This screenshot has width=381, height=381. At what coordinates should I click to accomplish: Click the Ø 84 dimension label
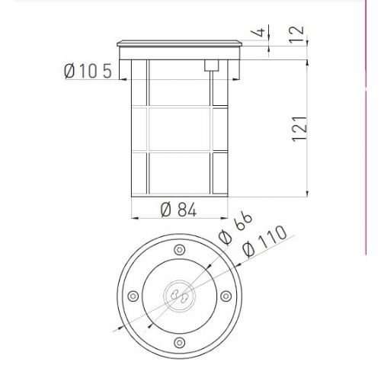tap(178, 210)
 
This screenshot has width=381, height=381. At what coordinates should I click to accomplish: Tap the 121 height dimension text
tap(299, 129)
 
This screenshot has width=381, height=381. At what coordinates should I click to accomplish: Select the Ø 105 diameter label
tap(88, 71)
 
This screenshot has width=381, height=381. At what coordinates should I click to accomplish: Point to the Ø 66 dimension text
tap(235, 228)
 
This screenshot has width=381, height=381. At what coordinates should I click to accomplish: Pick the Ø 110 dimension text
tap(264, 241)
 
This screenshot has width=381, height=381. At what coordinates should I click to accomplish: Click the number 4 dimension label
tap(258, 32)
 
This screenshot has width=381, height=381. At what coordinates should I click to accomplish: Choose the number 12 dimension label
tap(296, 34)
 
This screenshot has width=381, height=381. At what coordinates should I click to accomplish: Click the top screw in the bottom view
tap(180, 250)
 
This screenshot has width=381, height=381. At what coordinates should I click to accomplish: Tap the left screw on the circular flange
tap(133, 296)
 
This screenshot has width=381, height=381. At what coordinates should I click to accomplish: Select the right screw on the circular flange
tap(226, 296)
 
